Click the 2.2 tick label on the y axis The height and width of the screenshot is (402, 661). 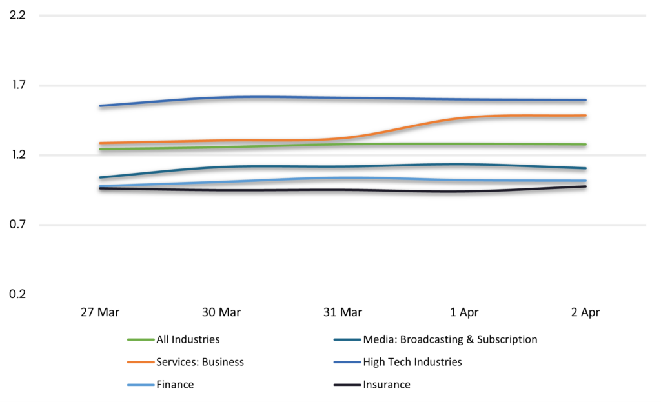coord(17,15)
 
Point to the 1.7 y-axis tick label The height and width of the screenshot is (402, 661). coord(17,85)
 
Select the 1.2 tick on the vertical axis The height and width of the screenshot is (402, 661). coord(17,155)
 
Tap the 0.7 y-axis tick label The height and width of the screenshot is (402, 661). coord(17,225)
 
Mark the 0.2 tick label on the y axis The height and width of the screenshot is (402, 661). coord(17,294)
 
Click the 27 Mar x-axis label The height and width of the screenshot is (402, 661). coord(99,312)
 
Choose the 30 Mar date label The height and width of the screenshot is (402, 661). coord(221,312)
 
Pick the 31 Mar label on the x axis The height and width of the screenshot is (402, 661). coord(342,312)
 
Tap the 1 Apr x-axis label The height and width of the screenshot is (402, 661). coord(464,312)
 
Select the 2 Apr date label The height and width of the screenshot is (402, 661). coord(585,312)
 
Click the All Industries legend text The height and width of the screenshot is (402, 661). coord(188,339)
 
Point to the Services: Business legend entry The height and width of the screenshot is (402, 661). coord(200,362)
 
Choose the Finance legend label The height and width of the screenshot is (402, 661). coord(175,385)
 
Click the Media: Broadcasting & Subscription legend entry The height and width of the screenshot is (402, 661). coord(450,339)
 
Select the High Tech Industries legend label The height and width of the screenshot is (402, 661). coord(412,362)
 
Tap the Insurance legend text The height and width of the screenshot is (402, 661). coord(387,385)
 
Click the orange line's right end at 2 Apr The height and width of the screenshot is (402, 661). coord(585,116)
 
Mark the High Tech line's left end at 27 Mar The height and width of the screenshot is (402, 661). coord(100,106)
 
